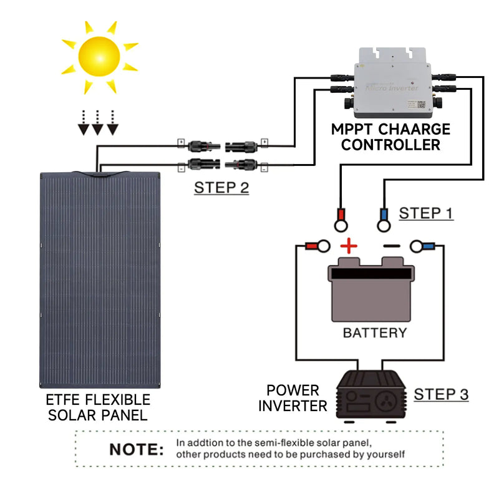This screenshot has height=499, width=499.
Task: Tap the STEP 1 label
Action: coord(426,213)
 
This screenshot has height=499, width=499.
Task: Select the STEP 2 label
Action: coord(221,187)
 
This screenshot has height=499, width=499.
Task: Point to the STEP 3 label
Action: coord(441,394)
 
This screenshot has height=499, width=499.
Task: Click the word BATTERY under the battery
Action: coord(374,332)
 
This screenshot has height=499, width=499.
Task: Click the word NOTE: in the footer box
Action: coord(137,449)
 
